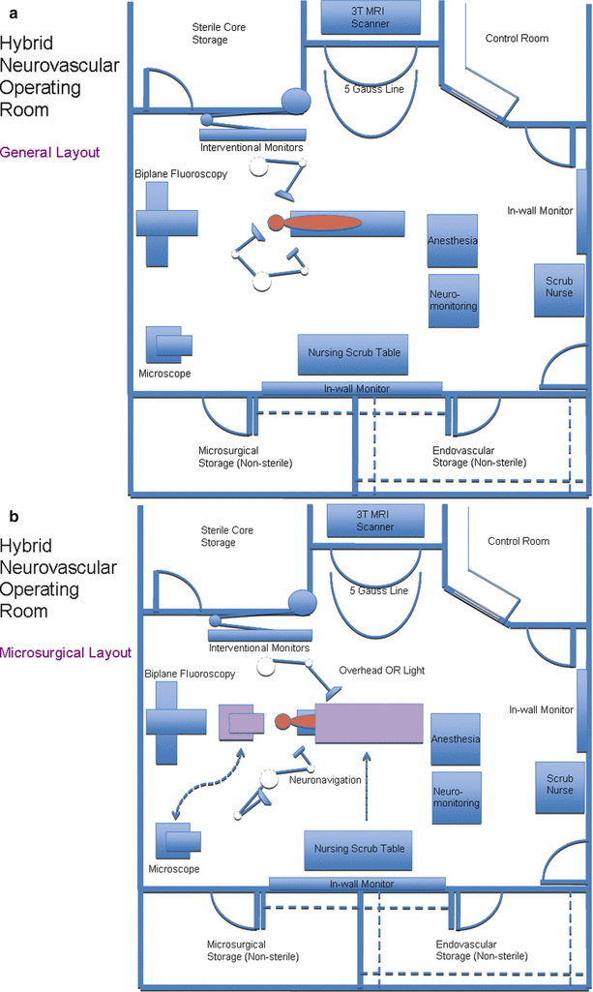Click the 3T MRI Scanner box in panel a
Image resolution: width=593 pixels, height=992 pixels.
[x=371, y=17]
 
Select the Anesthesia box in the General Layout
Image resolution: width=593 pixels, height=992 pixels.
[x=452, y=241]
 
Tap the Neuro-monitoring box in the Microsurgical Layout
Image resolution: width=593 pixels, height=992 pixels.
[x=457, y=797]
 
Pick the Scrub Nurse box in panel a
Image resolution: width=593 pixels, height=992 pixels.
[x=559, y=289]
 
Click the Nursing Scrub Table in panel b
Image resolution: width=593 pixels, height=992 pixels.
[x=359, y=850]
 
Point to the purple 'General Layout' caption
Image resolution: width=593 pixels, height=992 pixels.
[x=50, y=153]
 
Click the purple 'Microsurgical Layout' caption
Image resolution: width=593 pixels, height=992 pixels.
[x=66, y=653]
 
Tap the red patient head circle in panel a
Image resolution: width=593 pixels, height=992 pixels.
[x=276, y=223]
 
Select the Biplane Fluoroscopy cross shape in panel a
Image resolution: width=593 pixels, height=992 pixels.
[x=167, y=224]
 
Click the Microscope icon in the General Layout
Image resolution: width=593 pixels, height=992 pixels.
[x=168, y=345]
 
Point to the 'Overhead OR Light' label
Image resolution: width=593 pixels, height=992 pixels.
[x=382, y=671]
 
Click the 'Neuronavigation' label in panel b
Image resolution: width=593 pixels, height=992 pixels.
[x=325, y=780]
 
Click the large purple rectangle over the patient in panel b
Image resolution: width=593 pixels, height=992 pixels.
[x=370, y=723]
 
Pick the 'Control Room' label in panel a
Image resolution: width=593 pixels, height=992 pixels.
[x=517, y=39]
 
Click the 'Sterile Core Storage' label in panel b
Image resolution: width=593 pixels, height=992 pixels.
[x=226, y=536]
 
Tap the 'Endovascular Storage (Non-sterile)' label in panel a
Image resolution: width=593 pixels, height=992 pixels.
[x=479, y=457]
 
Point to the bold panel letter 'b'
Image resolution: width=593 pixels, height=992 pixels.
[x=14, y=517]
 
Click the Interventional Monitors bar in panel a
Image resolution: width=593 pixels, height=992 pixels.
[x=252, y=135]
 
